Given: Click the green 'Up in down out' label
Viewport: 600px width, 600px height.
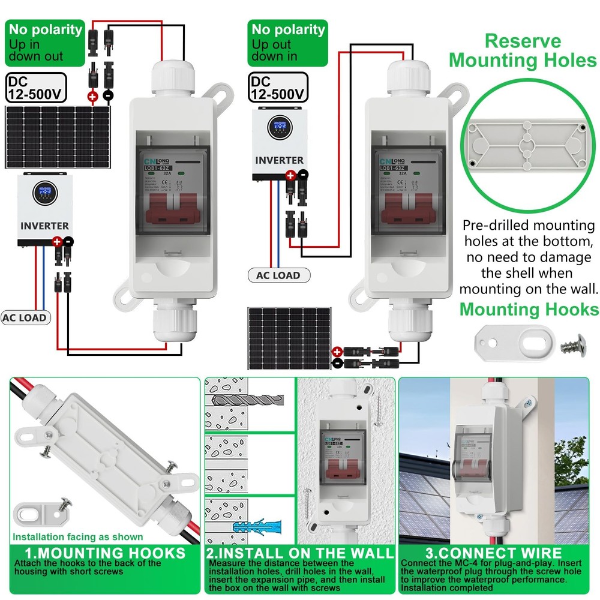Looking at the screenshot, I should (44, 43).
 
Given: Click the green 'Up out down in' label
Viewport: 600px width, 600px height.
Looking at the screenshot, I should (287, 43).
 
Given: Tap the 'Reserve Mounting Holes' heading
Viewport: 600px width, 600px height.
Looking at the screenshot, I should (523, 51).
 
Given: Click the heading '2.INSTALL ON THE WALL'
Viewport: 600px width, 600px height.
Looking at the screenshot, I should (300, 553).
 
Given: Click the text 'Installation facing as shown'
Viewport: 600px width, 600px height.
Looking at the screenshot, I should (78, 537).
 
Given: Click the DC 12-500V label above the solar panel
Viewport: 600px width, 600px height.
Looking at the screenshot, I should (35, 88).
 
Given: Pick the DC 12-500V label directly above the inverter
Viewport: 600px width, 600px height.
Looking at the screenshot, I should (278, 88).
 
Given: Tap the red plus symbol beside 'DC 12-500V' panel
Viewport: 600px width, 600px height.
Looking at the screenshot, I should (92, 95).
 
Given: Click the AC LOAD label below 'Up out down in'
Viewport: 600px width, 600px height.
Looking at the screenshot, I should (278, 275).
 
